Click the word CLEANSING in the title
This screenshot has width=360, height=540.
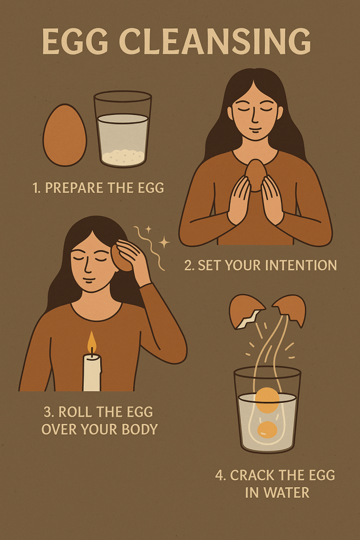click(x=215, y=41)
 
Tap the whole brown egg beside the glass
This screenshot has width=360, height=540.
click(x=65, y=134)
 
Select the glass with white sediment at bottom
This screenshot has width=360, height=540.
click(x=122, y=129)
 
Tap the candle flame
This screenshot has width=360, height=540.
click(x=92, y=342)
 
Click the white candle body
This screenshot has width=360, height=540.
click(x=92, y=373)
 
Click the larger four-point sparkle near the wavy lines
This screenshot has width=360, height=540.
click(x=164, y=242)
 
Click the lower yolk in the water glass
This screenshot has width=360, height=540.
click(x=267, y=429)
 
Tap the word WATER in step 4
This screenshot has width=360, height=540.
click(x=286, y=493)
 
